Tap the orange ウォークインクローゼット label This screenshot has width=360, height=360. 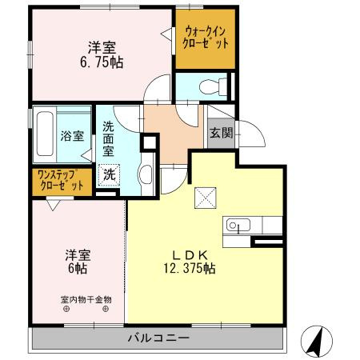point(205,38)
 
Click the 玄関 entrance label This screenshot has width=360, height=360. point(221,133)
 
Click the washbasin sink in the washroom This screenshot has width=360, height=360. point(146,174)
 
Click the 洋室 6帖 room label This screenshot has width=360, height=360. point(78,262)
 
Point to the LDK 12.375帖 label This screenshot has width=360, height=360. point(193,261)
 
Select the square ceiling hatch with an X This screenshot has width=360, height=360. point(205,196)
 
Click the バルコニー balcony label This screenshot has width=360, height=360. point(158,338)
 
